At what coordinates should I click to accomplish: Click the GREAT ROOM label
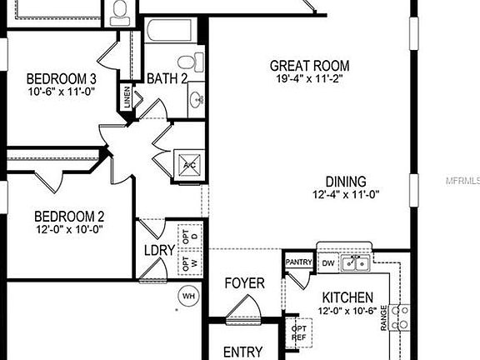[309, 66]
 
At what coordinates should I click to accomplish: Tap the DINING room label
[346, 180]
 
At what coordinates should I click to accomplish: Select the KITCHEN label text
[347, 297]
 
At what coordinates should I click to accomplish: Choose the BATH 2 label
[167, 78]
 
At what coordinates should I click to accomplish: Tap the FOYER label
[244, 283]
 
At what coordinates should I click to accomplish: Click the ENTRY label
[243, 352]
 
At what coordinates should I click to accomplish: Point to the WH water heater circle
[188, 295]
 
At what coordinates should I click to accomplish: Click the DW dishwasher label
[327, 263]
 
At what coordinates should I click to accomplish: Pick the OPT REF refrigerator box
[298, 332]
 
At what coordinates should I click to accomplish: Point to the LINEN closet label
[127, 97]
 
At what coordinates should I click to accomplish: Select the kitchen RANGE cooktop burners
[401, 316]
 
